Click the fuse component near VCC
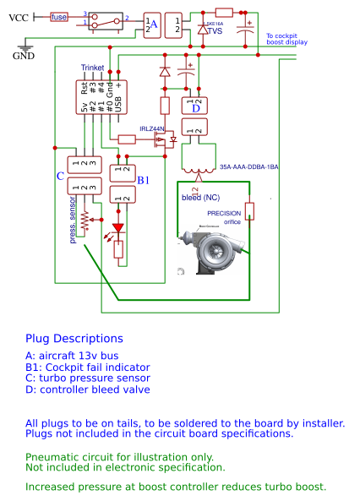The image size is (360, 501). [x=58, y=16]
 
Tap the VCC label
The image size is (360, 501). [x=19, y=17]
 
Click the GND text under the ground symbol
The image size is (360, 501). [x=23, y=56]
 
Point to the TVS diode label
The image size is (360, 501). [x=215, y=32]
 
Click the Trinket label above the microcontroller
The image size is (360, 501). [x=93, y=68]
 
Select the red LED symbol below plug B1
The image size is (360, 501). [x=117, y=228]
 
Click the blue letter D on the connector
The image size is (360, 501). [x=196, y=107]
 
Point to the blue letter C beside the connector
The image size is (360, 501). [x=60, y=176]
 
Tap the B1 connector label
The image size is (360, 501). [x=144, y=179]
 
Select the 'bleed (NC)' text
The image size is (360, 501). [x=201, y=197]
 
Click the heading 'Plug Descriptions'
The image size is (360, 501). [x=74, y=338]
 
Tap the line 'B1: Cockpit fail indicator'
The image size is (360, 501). [x=87, y=367]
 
